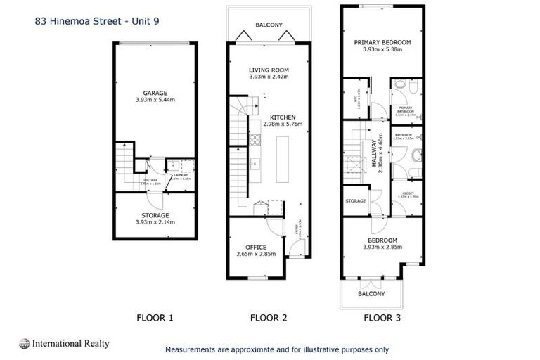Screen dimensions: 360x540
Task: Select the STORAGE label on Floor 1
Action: tap(154, 215)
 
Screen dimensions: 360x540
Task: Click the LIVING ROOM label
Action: tap(269, 70)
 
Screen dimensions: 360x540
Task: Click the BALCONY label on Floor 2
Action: tap(269, 25)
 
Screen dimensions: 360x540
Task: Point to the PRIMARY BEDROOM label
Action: tap(382, 42)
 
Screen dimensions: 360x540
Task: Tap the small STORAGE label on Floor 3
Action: tap(356, 201)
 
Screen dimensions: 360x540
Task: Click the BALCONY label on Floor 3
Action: tap(372, 293)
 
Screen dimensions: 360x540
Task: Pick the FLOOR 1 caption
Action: tap(154, 318)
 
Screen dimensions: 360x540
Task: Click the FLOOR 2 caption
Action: tap(269, 318)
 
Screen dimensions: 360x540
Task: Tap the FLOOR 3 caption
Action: tap(382, 318)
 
